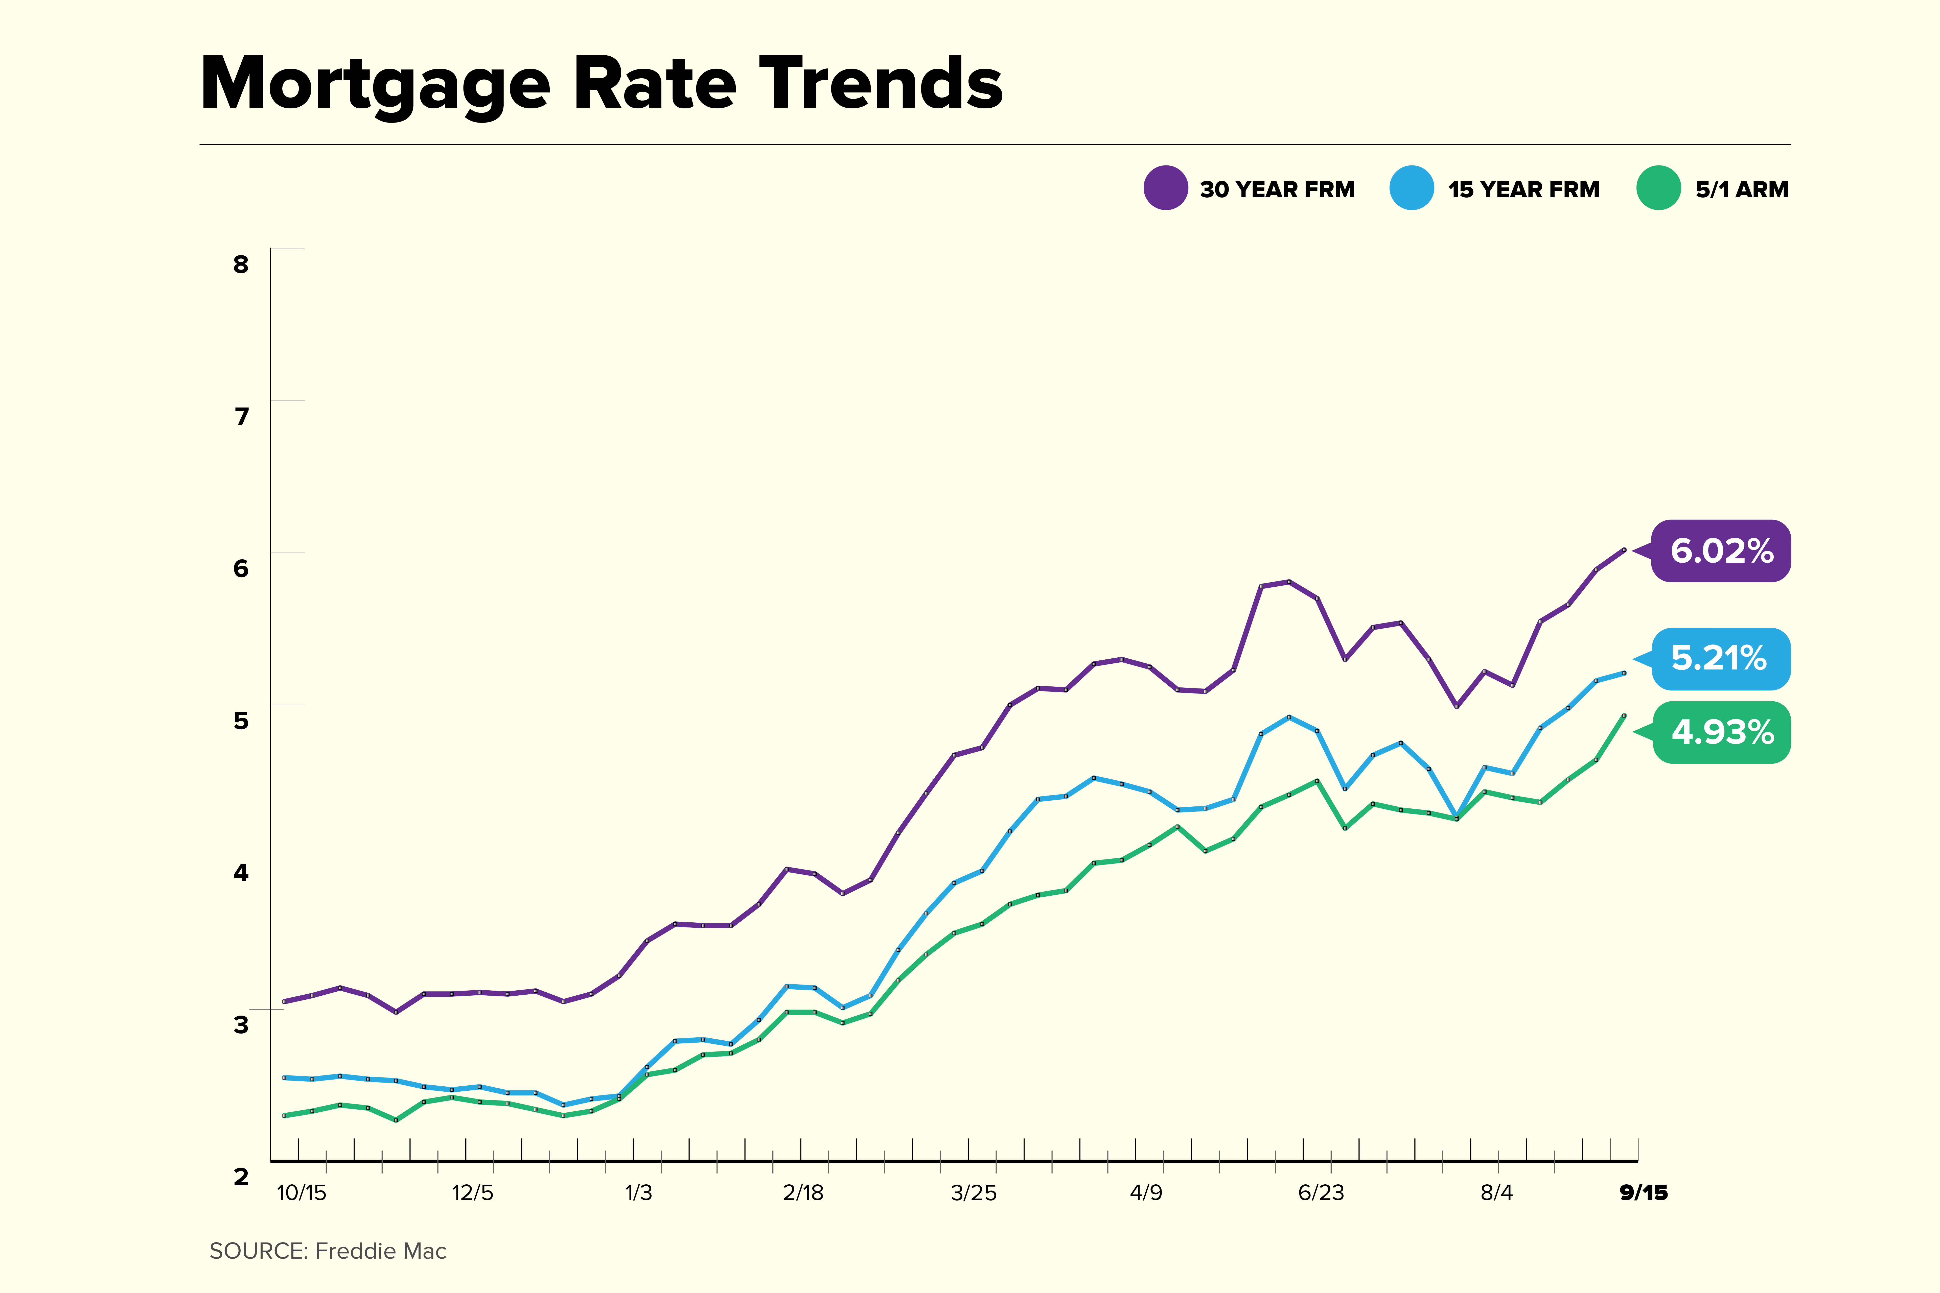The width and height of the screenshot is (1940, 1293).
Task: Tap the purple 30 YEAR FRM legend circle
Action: coord(1165,188)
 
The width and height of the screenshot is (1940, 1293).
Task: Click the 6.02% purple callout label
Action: coord(1721,551)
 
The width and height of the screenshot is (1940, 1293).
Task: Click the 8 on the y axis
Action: coord(241,265)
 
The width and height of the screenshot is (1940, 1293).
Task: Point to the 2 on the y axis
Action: coord(241,1177)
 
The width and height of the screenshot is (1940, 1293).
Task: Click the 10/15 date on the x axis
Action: coord(301,1192)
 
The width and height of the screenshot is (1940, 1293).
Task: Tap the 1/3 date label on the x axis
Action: coord(638,1192)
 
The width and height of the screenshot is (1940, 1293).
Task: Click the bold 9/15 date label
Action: coord(1643,1192)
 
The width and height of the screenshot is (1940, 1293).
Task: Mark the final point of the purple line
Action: coord(1624,549)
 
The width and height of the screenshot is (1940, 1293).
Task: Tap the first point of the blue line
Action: coord(284,1077)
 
